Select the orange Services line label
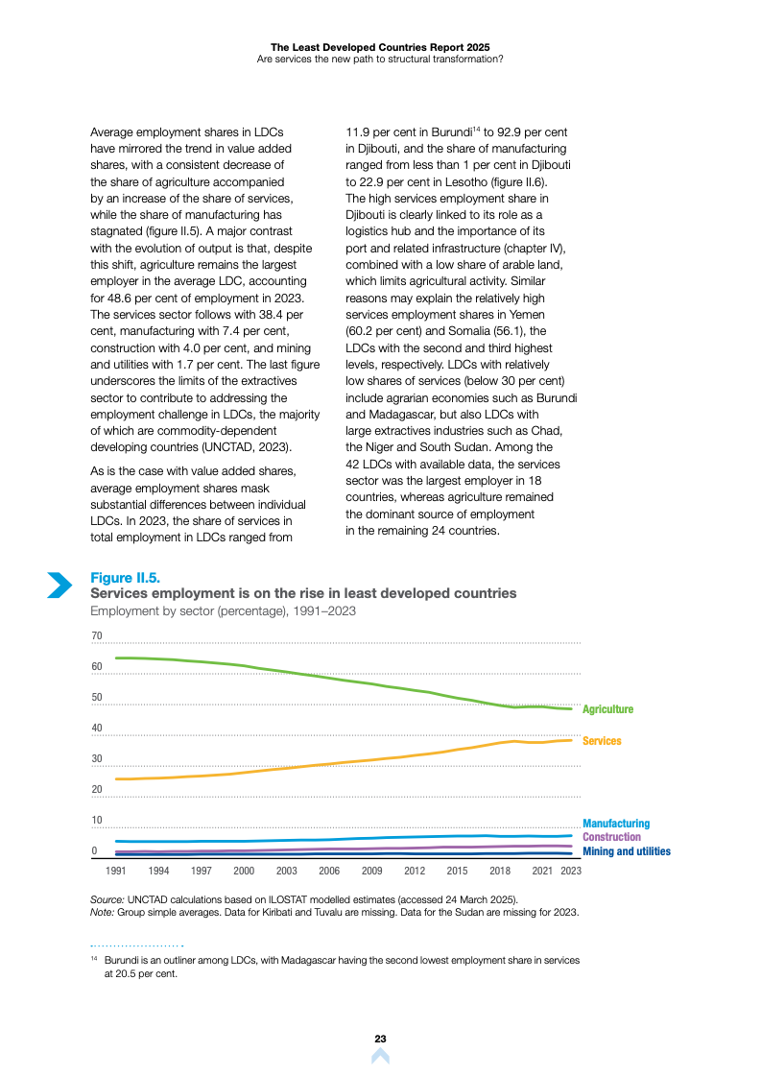[602, 741]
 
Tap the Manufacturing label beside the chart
[615, 824]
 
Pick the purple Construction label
[611, 837]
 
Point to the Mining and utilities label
[626, 851]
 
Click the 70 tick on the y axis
[96, 636]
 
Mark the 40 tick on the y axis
[96, 729]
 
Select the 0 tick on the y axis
[94, 851]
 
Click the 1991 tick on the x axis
[116, 871]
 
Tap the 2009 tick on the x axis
[372, 871]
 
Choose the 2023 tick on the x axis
[571, 871]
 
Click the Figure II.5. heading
[125, 577]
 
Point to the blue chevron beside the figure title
[59, 585]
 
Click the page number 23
[380, 1039]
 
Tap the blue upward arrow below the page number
[380, 1056]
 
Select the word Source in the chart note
[106, 899]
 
